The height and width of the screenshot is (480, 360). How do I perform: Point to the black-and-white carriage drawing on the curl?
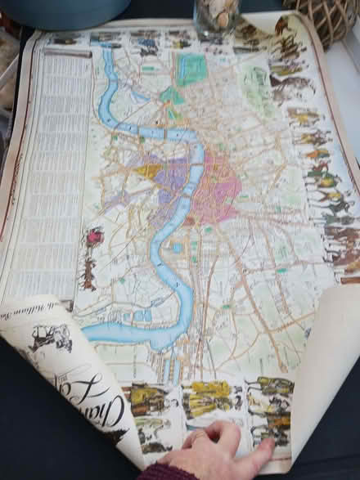51,336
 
